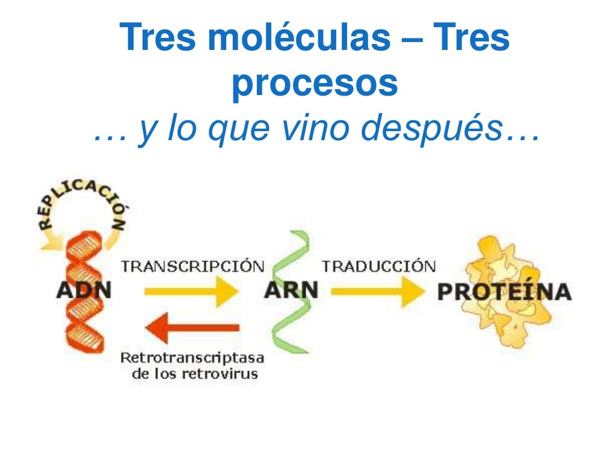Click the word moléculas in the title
[295, 38]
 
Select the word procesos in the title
[315, 84]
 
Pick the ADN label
[84, 291]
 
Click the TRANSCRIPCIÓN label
[192, 266]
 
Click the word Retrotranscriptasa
[192, 359]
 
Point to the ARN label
[291, 291]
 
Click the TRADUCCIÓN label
[378, 266]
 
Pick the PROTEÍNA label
[504, 292]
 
